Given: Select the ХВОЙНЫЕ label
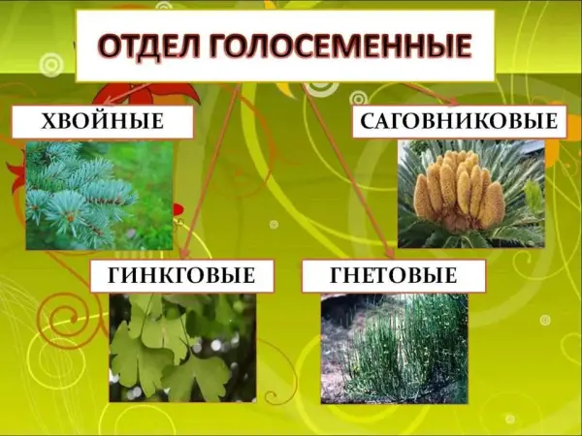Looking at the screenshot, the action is (103, 122).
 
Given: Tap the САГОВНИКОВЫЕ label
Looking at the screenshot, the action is (459, 121).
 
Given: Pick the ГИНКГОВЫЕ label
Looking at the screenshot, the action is (182, 276).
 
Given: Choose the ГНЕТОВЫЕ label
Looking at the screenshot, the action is (394, 276).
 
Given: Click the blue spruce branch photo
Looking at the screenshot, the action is (100, 196).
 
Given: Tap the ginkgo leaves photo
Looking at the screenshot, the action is (182, 348).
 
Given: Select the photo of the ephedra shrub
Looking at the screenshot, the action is (394, 349).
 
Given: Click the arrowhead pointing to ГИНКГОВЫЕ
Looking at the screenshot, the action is (184, 253).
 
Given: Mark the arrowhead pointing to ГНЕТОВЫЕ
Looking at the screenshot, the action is (390, 253).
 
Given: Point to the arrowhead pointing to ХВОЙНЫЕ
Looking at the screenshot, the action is (109, 101).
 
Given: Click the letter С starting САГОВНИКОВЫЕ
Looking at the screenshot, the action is (368, 121).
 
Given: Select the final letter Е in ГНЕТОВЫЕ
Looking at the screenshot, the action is (451, 275).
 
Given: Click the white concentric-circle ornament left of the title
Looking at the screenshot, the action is (52, 66).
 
